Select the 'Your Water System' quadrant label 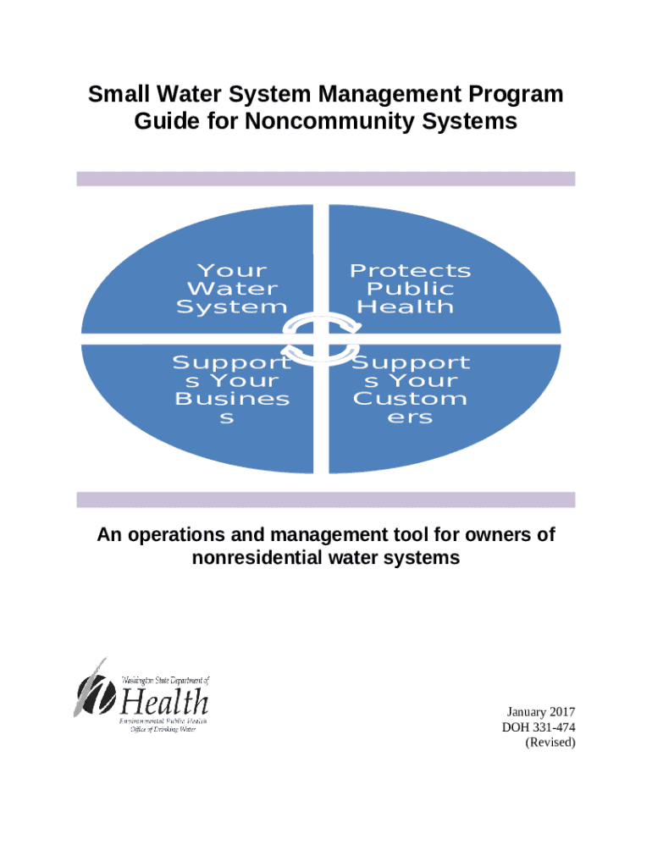[x=231, y=289]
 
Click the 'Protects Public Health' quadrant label [x=410, y=289]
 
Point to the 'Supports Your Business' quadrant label [x=231, y=390]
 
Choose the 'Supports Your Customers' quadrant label [x=410, y=390]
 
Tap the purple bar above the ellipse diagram [x=326, y=179]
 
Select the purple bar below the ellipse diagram [x=326, y=500]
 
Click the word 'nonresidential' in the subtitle [x=262, y=558]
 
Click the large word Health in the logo [x=164, y=702]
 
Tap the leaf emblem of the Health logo [x=91, y=690]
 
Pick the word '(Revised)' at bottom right [x=550, y=743]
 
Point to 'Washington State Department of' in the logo [x=164, y=680]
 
